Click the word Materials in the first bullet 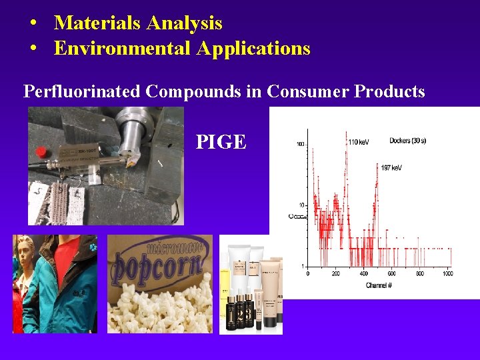[97, 23]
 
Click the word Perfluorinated [82, 91]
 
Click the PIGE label [221, 141]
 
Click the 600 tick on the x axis [391, 273]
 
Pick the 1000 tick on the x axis [447, 273]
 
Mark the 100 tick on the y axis [301, 144]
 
